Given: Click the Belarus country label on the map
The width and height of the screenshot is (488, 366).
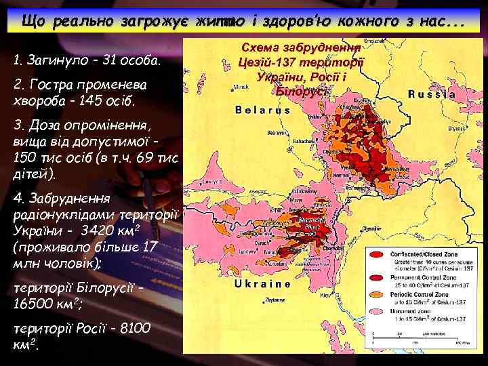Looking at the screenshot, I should [x=262, y=110].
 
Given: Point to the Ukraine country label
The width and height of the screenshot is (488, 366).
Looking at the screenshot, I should [x=262, y=285].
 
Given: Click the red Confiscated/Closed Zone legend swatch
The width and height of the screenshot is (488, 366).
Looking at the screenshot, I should [x=377, y=256].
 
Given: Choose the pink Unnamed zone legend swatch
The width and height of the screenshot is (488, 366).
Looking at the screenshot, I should [x=377, y=317].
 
